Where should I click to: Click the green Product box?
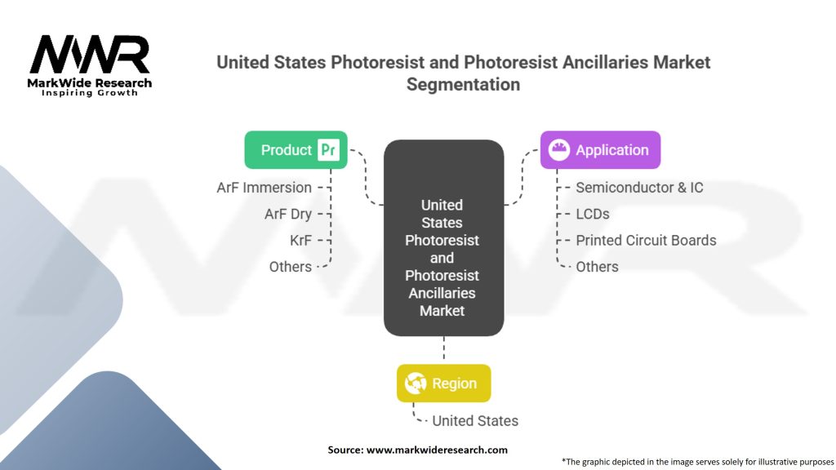[x=296, y=150]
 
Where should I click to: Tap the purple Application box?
[x=600, y=150]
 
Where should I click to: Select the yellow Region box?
[x=443, y=384]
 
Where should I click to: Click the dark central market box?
[x=443, y=237]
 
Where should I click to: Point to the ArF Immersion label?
[x=264, y=188]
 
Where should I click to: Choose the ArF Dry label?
[x=288, y=215]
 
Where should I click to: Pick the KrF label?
[x=300, y=241]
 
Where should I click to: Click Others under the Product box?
[x=290, y=267]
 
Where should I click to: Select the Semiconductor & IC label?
[x=639, y=188]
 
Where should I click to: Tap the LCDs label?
[x=593, y=215]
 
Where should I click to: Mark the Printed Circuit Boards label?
[x=646, y=241]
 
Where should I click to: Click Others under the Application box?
[x=597, y=267]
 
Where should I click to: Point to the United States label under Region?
[x=475, y=421]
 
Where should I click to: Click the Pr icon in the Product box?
[x=328, y=150]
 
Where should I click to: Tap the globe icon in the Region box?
[x=416, y=384]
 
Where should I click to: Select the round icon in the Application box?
[x=558, y=150]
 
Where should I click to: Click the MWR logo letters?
[x=90, y=54]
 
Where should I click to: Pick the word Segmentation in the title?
[x=464, y=84]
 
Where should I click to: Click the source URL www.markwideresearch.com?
[x=437, y=450]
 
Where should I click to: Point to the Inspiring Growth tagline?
[x=90, y=93]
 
